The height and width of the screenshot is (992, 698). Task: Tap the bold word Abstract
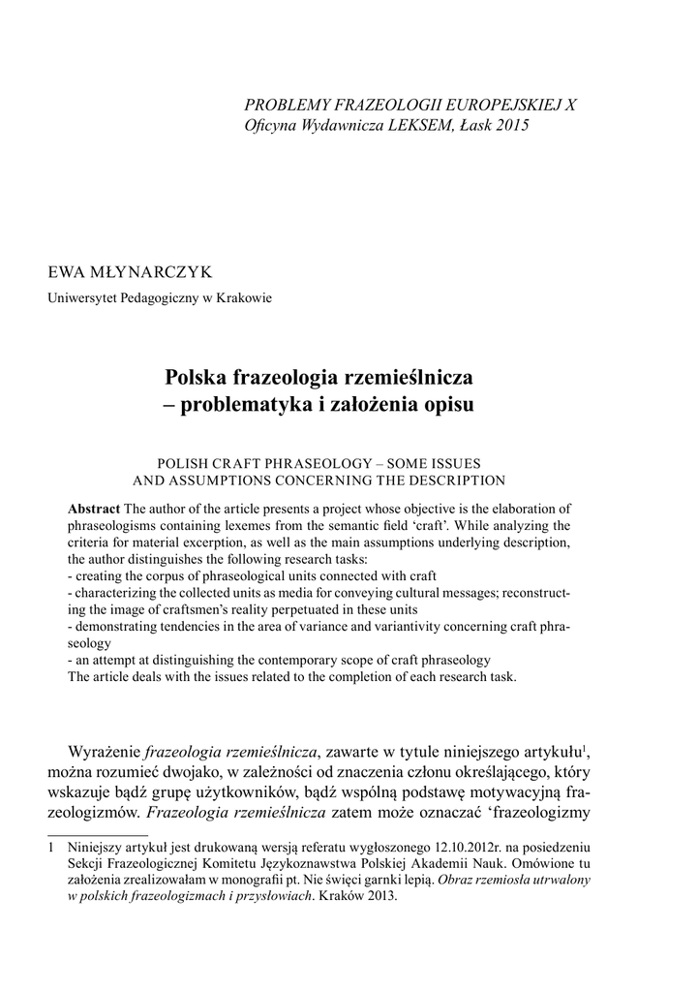94,509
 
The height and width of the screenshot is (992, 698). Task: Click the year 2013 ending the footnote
380,896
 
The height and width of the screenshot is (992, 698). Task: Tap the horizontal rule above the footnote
98,833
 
